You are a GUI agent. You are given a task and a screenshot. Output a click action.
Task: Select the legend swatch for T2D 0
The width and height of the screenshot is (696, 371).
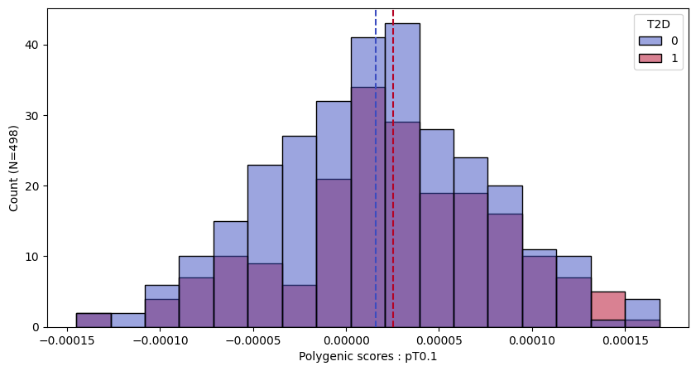[650, 41]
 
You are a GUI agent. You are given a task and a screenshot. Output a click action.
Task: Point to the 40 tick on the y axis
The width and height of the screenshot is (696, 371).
[33, 45]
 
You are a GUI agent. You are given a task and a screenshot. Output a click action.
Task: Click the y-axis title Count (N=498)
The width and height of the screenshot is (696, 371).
[14, 168]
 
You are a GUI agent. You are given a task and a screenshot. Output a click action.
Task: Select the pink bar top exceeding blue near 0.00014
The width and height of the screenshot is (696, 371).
[608, 305]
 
